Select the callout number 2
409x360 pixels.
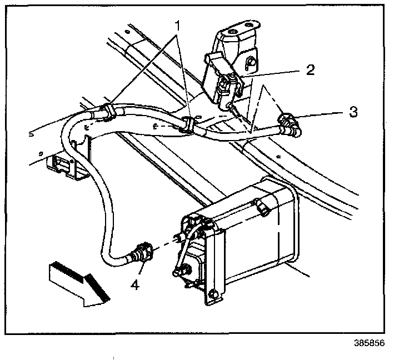tap(310, 70)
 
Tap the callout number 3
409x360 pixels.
tap(353, 112)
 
